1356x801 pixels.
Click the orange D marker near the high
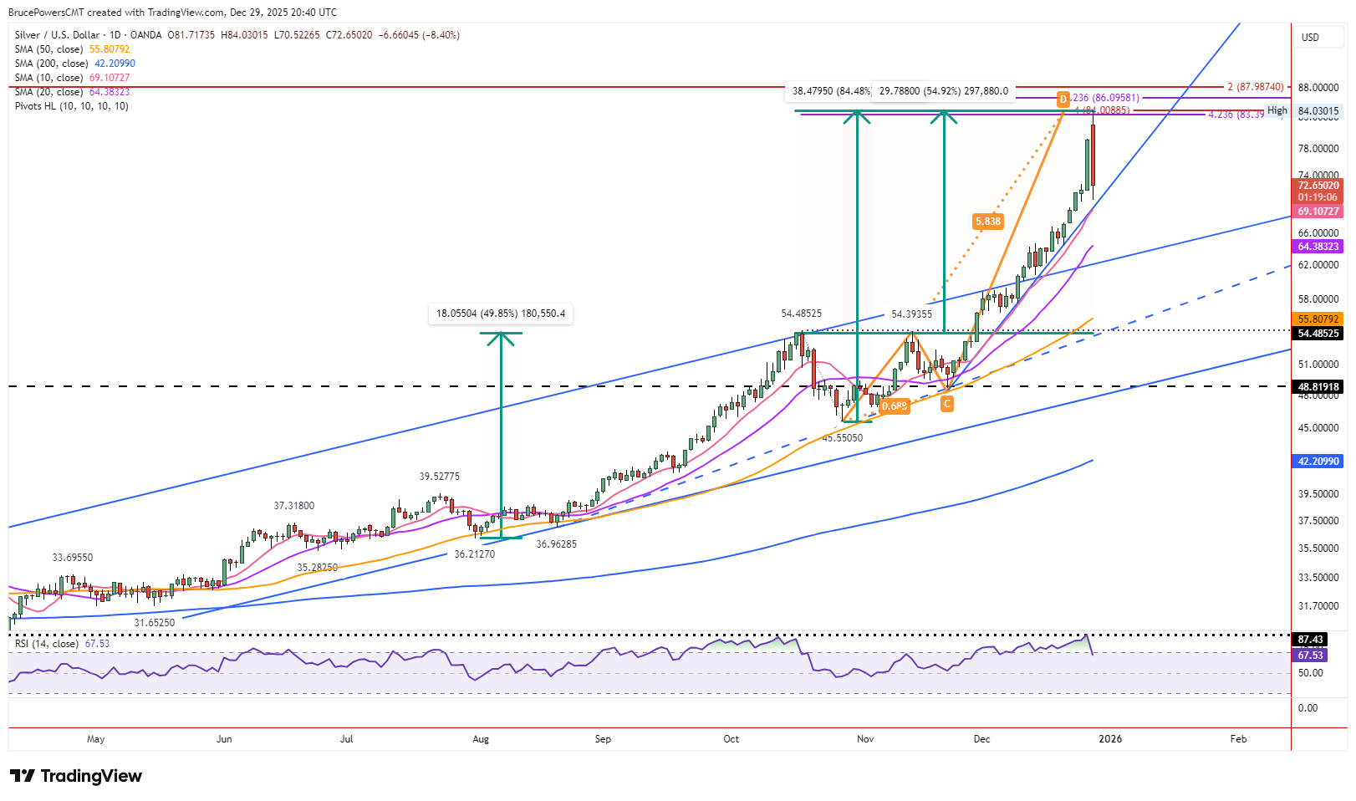1063,99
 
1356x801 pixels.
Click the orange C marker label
946,404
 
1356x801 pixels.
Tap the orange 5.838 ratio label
987,222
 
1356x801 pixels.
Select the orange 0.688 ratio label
894,406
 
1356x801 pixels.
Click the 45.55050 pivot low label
842,438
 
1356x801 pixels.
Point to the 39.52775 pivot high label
439,477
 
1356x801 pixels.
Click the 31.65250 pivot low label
155,623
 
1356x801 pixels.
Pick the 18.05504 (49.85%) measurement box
501,314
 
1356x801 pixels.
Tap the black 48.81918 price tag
1318,387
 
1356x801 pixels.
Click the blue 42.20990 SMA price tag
1318,462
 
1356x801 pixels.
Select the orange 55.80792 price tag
1318,319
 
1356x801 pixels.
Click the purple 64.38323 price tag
1318,247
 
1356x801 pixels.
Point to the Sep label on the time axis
603,739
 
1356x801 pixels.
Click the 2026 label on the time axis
1110,739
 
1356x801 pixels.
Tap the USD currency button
1310,38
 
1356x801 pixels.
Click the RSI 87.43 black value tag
1310,640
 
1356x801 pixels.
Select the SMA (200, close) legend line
74,64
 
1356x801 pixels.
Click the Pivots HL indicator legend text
71,106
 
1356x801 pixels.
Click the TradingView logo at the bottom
76,776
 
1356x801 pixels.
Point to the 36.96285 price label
556,544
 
